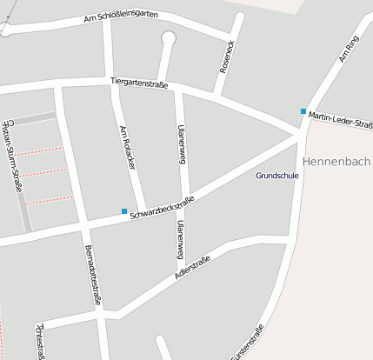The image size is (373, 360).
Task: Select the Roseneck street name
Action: [229, 55]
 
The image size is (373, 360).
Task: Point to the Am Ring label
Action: [347, 54]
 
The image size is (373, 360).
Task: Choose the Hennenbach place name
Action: [336, 162]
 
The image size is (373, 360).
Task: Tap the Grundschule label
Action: [277, 176]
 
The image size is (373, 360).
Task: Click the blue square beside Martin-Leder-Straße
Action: [303, 111]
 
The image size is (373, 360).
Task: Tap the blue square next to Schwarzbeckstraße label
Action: [124, 210]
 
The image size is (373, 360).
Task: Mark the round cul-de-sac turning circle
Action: [168, 37]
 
